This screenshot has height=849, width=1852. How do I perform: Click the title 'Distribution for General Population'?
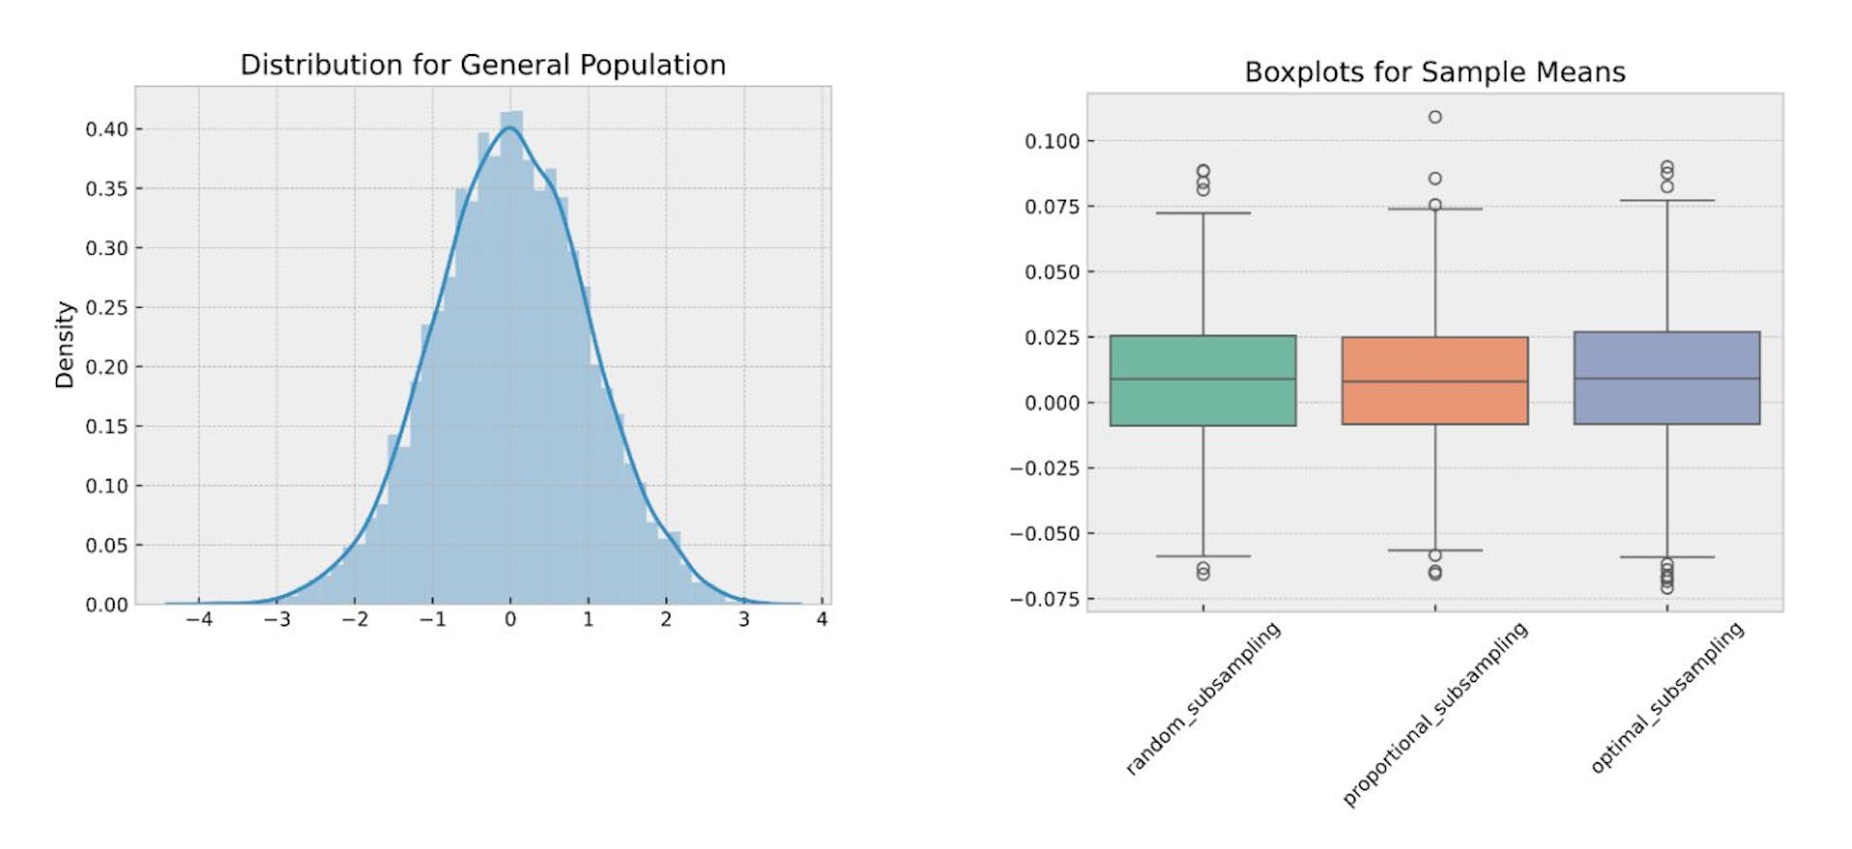pyautogui.click(x=482, y=65)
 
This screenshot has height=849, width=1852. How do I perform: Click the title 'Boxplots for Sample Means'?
pyautogui.click(x=1434, y=72)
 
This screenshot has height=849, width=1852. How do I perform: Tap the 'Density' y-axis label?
pyautogui.click(x=65, y=344)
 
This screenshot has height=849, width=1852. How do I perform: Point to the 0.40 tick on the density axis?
pyautogui.click(x=106, y=129)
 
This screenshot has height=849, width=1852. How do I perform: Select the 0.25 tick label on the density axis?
pyautogui.click(x=106, y=308)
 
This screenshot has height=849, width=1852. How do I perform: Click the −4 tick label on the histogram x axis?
pyautogui.click(x=199, y=619)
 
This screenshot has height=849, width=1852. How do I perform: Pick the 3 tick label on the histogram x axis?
pyautogui.click(x=744, y=619)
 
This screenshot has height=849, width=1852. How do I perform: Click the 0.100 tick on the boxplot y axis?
pyautogui.click(x=1051, y=142)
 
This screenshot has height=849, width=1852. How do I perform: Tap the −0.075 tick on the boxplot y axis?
pyautogui.click(x=1045, y=599)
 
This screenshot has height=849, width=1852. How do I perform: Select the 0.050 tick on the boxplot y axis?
pyautogui.click(x=1051, y=272)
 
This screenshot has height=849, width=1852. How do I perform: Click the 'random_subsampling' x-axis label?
pyautogui.click(x=1203, y=698)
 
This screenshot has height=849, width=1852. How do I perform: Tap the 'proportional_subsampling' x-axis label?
pyautogui.click(x=1434, y=714)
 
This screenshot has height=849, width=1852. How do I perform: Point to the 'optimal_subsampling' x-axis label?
pyautogui.click(x=1667, y=698)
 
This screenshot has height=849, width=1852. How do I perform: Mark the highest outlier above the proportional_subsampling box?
pyautogui.click(x=1435, y=117)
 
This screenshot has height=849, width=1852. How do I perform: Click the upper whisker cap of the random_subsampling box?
pyautogui.click(x=1203, y=213)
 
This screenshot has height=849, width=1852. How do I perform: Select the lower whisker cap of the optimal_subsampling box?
pyautogui.click(x=1667, y=557)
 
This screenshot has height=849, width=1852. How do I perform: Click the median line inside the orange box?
pyautogui.click(x=1434, y=382)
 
